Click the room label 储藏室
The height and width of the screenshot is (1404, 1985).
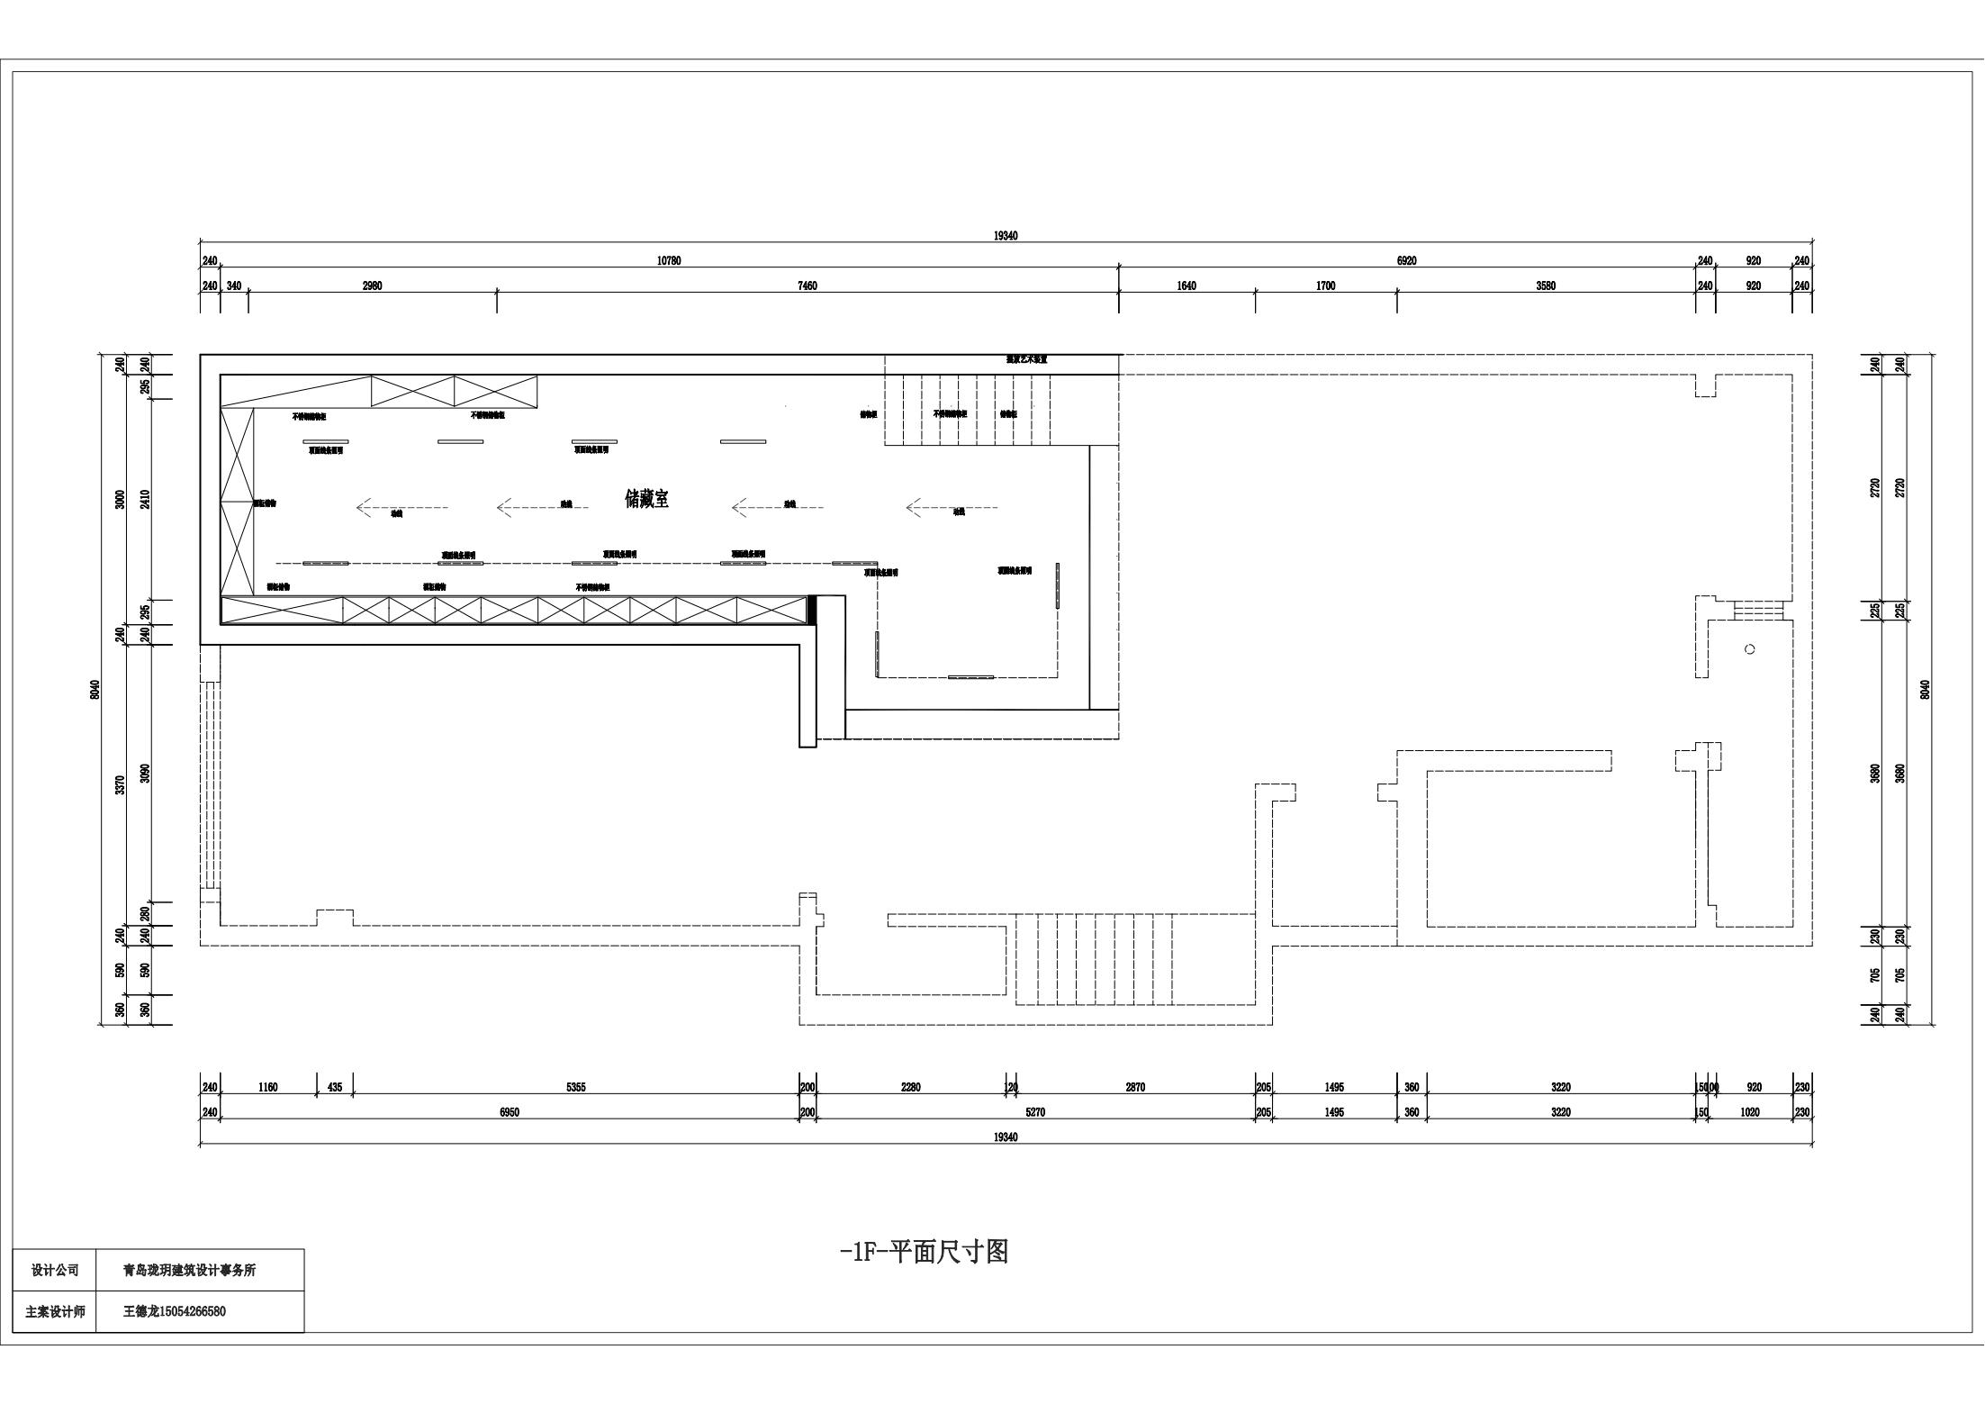click(x=646, y=499)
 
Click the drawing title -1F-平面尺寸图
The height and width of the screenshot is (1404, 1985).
click(x=924, y=1252)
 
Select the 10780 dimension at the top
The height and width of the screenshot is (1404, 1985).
click(x=669, y=261)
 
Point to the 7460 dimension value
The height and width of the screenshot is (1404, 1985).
click(x=808, y=286)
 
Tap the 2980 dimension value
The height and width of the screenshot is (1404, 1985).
click(x=372, y=286)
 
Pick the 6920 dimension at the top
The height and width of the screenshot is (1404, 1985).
click(x=1406, y=261)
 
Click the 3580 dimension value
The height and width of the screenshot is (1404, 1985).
click(x=1546, y=286)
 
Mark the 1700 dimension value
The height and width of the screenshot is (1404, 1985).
click(x=1325, y=286)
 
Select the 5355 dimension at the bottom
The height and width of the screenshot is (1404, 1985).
click(x=576, y=1087)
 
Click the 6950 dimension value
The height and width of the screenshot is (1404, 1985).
click(x=510, y=1112)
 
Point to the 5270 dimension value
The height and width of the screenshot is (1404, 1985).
click(x=1035, y=1112)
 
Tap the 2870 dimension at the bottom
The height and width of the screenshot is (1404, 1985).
click(x=1135, y=1087)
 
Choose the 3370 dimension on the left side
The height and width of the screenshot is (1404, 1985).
click(x=121, y=784)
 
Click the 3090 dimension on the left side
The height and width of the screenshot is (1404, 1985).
click(x=146, y=773)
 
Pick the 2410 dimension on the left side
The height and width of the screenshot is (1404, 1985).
click(x=146, y=499)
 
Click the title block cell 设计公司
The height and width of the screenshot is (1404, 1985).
click(x=55, y=1270)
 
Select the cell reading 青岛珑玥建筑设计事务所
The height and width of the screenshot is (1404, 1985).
click(x=190, y=1270)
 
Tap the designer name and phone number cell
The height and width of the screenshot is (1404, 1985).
click(x=175, y=1311)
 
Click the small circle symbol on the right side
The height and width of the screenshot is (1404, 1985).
click(x=1749, y=649)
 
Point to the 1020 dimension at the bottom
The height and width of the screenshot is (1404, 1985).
click(x=1750, y=1112)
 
